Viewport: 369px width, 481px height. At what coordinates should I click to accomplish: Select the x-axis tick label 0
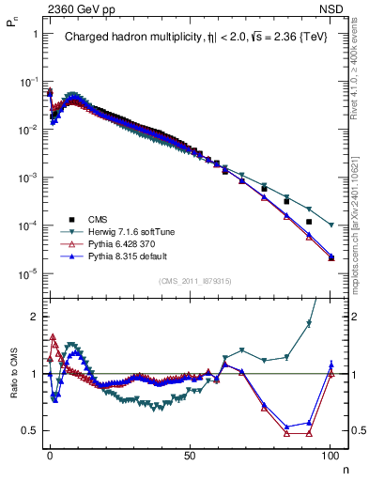(x=50, y=453)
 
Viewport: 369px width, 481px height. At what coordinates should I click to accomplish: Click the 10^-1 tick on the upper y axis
(x=25, y=82)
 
